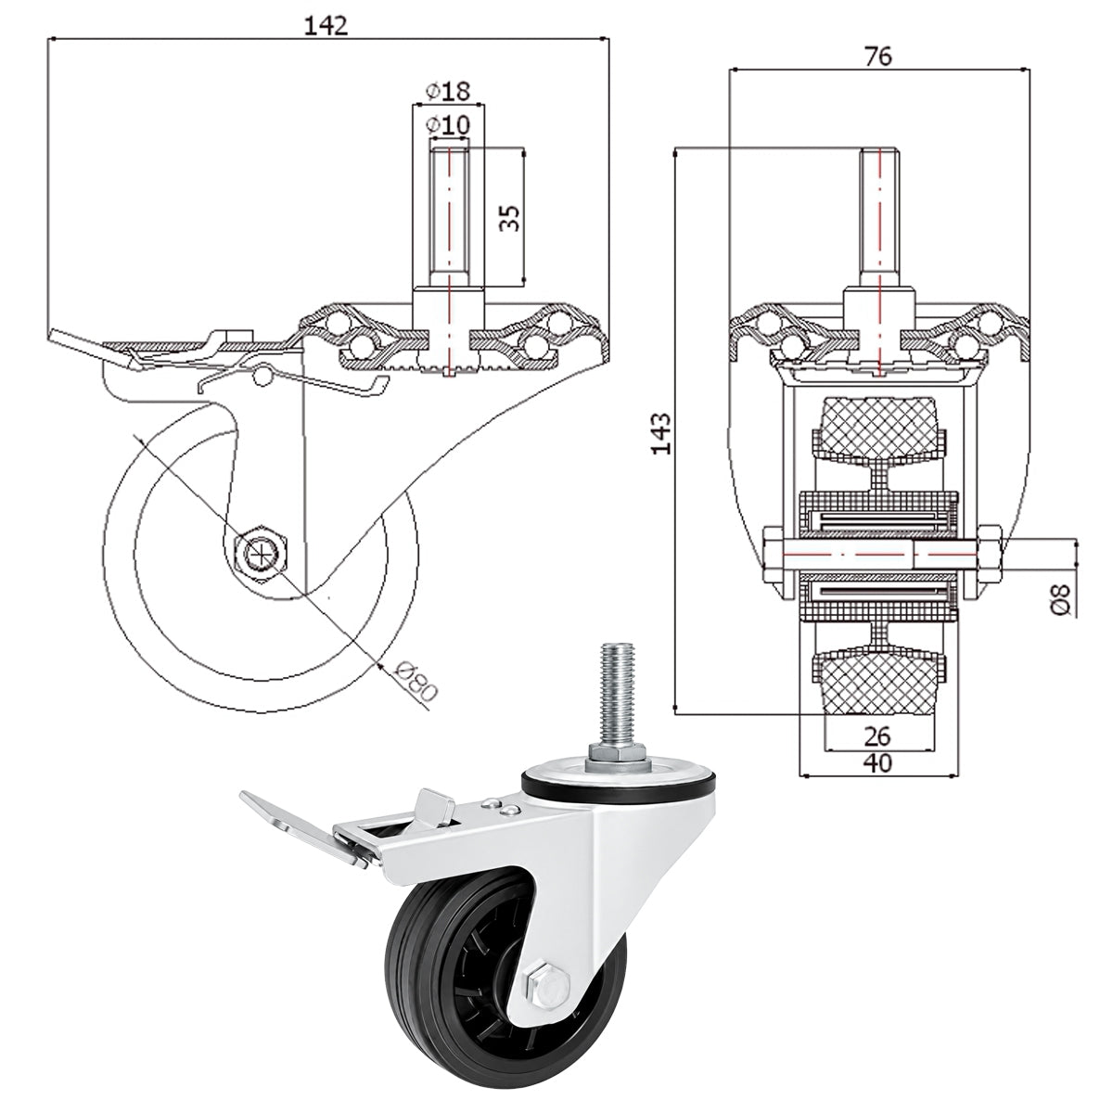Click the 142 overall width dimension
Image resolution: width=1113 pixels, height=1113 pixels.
326,25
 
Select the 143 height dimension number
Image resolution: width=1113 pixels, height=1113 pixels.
662,433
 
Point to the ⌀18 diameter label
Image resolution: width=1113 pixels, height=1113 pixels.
448,91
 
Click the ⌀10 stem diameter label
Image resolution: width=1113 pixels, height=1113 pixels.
448,125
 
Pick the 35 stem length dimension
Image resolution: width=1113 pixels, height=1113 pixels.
510,218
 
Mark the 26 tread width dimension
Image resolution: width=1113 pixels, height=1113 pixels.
878,736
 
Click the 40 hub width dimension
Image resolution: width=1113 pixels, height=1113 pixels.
878,763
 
